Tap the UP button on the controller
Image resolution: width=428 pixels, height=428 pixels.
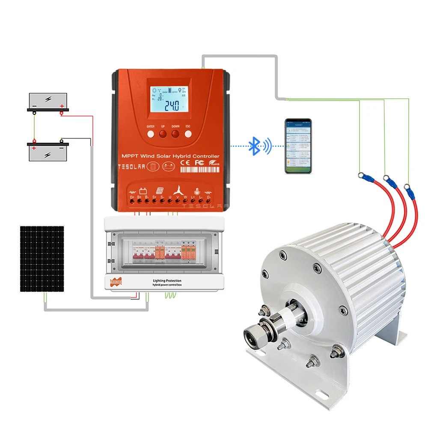point(163,134)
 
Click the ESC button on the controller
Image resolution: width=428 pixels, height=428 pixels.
point(188,134)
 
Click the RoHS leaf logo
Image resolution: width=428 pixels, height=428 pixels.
point(213,163)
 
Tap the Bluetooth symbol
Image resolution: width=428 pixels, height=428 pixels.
point(255,146)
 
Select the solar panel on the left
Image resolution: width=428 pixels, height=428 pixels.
point(42,259)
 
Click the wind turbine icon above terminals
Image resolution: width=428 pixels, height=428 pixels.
point(178,190)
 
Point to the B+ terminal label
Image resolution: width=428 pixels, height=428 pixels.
point(139,197)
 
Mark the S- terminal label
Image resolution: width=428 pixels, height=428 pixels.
point(162,197)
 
